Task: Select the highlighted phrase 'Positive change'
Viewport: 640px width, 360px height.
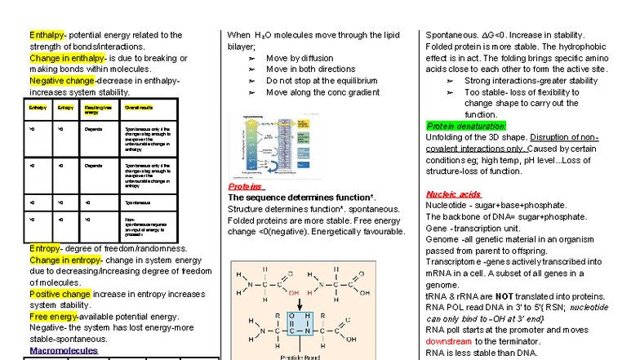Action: [60, 293]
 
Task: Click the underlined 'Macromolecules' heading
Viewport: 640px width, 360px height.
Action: [64, 350]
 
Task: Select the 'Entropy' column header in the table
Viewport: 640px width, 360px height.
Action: [65, 107]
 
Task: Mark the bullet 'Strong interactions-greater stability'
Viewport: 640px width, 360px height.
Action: [531, 81]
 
